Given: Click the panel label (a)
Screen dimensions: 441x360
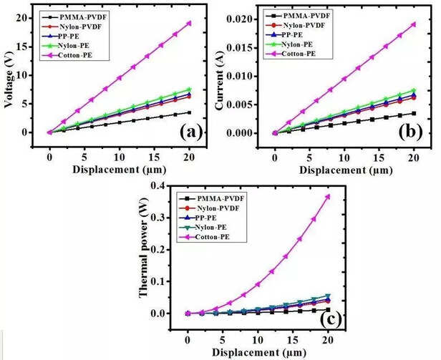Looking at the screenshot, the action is [191, 132].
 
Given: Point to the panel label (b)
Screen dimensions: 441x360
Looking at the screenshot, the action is [410, 132].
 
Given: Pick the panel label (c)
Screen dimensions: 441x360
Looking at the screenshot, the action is [331, 319].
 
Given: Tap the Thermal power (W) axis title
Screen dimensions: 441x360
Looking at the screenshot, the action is [143, 250].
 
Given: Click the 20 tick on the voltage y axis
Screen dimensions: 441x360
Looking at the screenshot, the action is [22, 19].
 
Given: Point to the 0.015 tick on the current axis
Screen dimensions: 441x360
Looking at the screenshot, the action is [238, 48].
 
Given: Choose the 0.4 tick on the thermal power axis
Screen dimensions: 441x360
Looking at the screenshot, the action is [157, 186].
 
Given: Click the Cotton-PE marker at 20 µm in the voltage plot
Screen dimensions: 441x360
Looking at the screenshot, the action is [189, 23].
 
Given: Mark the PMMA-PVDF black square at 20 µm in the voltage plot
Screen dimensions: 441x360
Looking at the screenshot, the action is [189, 113].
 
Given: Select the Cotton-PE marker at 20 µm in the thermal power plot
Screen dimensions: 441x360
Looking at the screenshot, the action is [328, 197].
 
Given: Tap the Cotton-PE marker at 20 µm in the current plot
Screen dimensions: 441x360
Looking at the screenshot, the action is [414, 24].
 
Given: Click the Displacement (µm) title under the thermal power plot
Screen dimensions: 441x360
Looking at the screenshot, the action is [258, 352].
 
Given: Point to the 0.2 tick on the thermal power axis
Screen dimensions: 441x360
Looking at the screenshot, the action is [157, 250].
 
